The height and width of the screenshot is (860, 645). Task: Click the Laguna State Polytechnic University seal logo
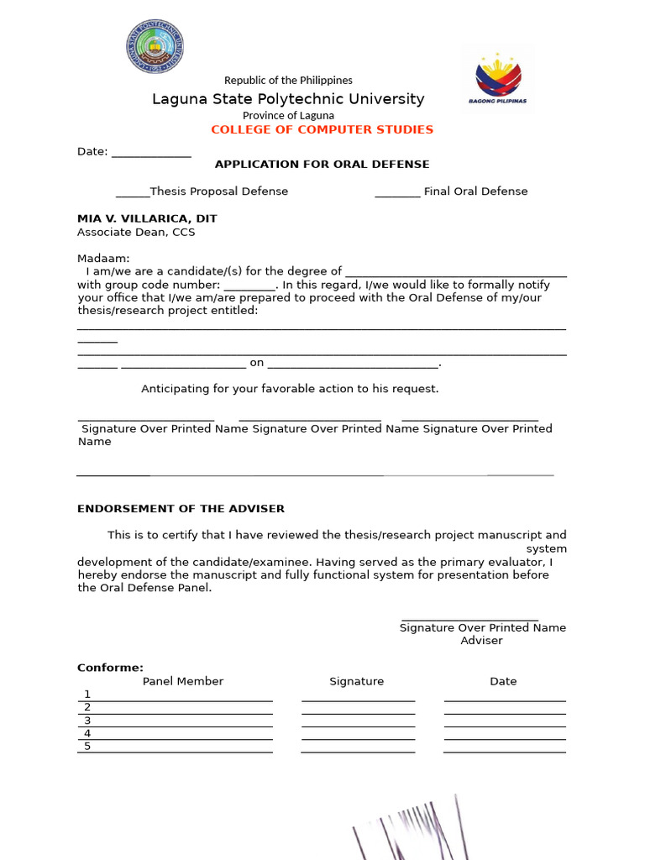pyautogui.click(x=155, y=47)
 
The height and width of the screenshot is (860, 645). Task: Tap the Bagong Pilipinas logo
pyautogui.click(x=498, y=79)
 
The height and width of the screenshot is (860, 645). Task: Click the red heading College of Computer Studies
pyautogui.click(x=322, y=129)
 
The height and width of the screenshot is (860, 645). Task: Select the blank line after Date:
pyautogui.click(x=151, y=153)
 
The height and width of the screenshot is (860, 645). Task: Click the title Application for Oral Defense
pyautogui.click(x=322, y=165)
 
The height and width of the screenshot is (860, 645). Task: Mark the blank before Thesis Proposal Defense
pyautogui.click(x=132, y=192)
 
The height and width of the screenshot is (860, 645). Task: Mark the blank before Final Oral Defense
pyautogui.click(x=397, y=192)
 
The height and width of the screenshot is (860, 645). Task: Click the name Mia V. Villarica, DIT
pyautogui.click(x=147, y=218)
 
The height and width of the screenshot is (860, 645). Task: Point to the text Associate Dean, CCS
pyautogui.click(x=136, y=232)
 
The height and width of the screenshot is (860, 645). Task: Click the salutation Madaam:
pyautogui.click(x=104, y=259)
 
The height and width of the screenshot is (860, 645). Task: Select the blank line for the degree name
pyautogui.click(x=456, y=273)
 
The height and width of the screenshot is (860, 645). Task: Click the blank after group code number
pyautogui.click(x=249, y=286)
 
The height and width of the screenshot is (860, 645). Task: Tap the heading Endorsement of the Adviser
pyautogui.click(x=181, y=509)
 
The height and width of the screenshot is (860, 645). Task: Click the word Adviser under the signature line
pyautogui.click(x=481, y=641)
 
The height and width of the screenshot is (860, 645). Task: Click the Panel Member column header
pyautogui.click(x=183, y=681)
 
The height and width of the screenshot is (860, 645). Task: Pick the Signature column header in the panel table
pyautogui.click(x=356, y=681)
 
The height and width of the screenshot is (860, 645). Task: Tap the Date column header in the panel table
pyautogui.click(x=503, y=681)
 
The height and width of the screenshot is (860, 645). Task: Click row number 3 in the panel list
pyautogui.click(x=87, y=721)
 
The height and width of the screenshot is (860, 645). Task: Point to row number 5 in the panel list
pyautogui.click(x=87, y=747)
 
